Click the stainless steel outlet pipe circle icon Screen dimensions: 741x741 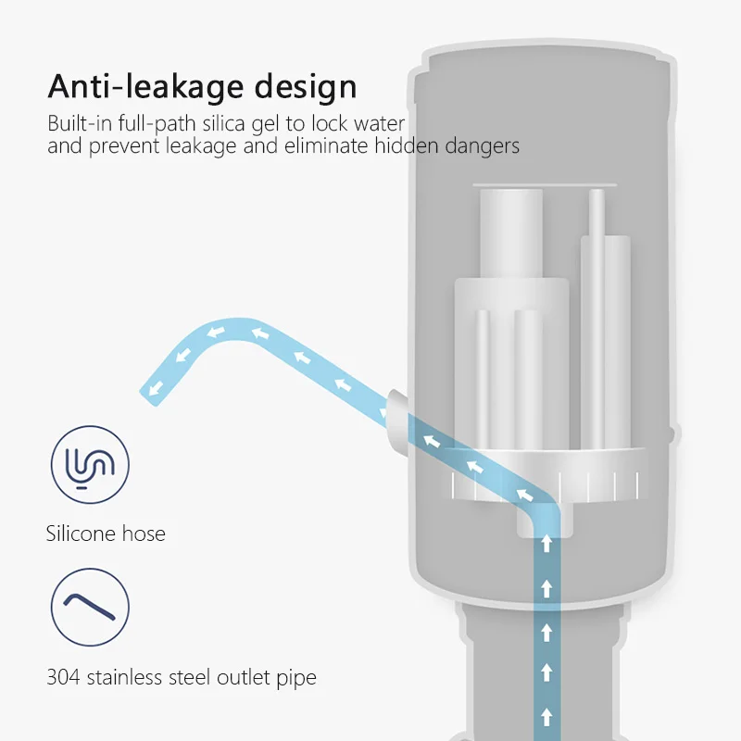pos(90,607)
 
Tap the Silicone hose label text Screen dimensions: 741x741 pos(106,534)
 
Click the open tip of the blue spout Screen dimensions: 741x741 pos(149,390)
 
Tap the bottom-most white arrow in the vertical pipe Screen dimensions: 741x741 pos(546,715)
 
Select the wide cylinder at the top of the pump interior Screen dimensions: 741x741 pos(510,232)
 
